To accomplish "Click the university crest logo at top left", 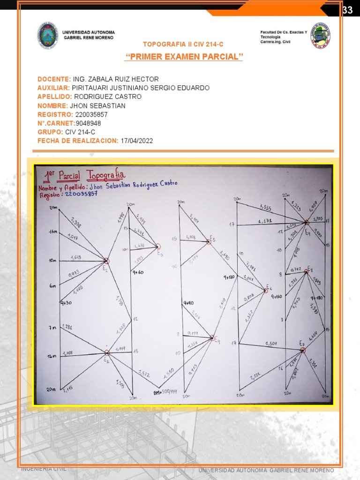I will pos(47,35).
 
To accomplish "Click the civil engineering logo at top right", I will pos(321,35).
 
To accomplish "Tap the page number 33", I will pos(347,10).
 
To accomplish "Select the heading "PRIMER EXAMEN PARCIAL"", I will pos(184,57).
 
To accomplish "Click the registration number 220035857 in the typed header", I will pos(91,114).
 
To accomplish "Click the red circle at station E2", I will pos(106,261).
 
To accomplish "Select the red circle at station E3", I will pos(158,246).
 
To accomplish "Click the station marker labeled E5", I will pos(210,242).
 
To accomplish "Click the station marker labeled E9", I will pos(306,223).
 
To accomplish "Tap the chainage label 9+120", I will pos(229,277).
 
